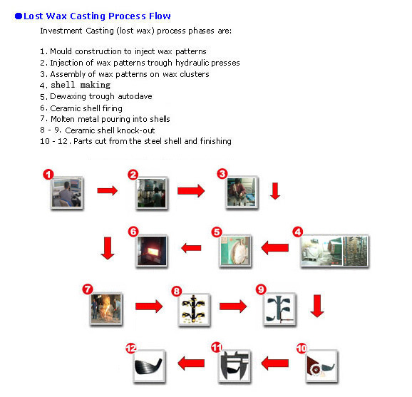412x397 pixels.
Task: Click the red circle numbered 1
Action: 48,175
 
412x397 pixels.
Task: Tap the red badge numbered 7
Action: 88,289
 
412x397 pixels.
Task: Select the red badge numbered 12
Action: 131,349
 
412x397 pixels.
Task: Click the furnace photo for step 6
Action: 152,251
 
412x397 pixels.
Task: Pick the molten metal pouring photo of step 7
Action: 106,309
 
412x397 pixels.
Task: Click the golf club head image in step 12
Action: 149,366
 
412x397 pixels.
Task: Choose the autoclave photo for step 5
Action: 235,251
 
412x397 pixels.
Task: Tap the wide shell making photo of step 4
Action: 334,251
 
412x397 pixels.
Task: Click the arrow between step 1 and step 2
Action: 107,190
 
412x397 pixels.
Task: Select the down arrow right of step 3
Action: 275,191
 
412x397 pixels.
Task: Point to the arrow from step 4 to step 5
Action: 275,248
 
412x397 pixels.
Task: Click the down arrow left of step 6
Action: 108,248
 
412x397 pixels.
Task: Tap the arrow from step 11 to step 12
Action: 191,363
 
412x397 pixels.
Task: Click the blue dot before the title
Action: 19,16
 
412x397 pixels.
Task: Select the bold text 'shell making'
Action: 81,85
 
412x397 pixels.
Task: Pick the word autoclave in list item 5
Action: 135,96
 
